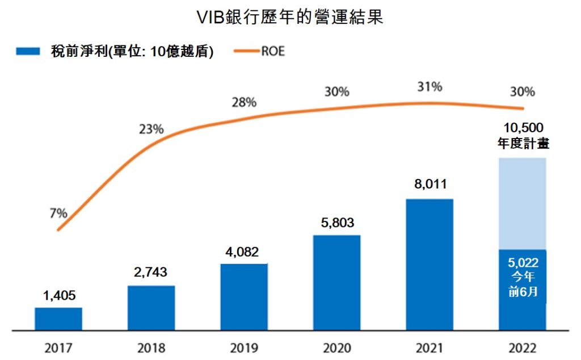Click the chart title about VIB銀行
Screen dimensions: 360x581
click(x=290, y=16)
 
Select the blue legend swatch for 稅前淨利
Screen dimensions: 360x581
click(x=28, y=52)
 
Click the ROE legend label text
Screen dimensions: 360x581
click(x=273, y=52)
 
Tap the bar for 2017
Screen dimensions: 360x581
click(x=58, y=319)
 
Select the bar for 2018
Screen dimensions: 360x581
click(x=151, y=307)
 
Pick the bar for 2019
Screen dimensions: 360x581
click(x=244, y=296)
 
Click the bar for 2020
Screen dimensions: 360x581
click(x=336, y=282)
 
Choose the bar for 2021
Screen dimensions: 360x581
click(x=430, y=264)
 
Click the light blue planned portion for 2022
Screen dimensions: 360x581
click(x=522, y=203)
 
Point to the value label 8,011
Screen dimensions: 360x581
click(x=430, y=185)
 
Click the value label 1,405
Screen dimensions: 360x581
click(x=58, y=295)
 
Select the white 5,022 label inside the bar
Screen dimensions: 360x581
click(x=523, y=263)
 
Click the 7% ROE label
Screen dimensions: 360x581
click(x=58, y=214)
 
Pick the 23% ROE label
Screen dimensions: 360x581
click(x=151, y=129)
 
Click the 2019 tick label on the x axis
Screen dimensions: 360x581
click(x=244, y=348)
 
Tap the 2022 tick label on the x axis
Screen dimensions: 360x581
click(x=522, y=348)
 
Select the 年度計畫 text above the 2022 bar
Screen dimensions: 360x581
click(x=522, y=143)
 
